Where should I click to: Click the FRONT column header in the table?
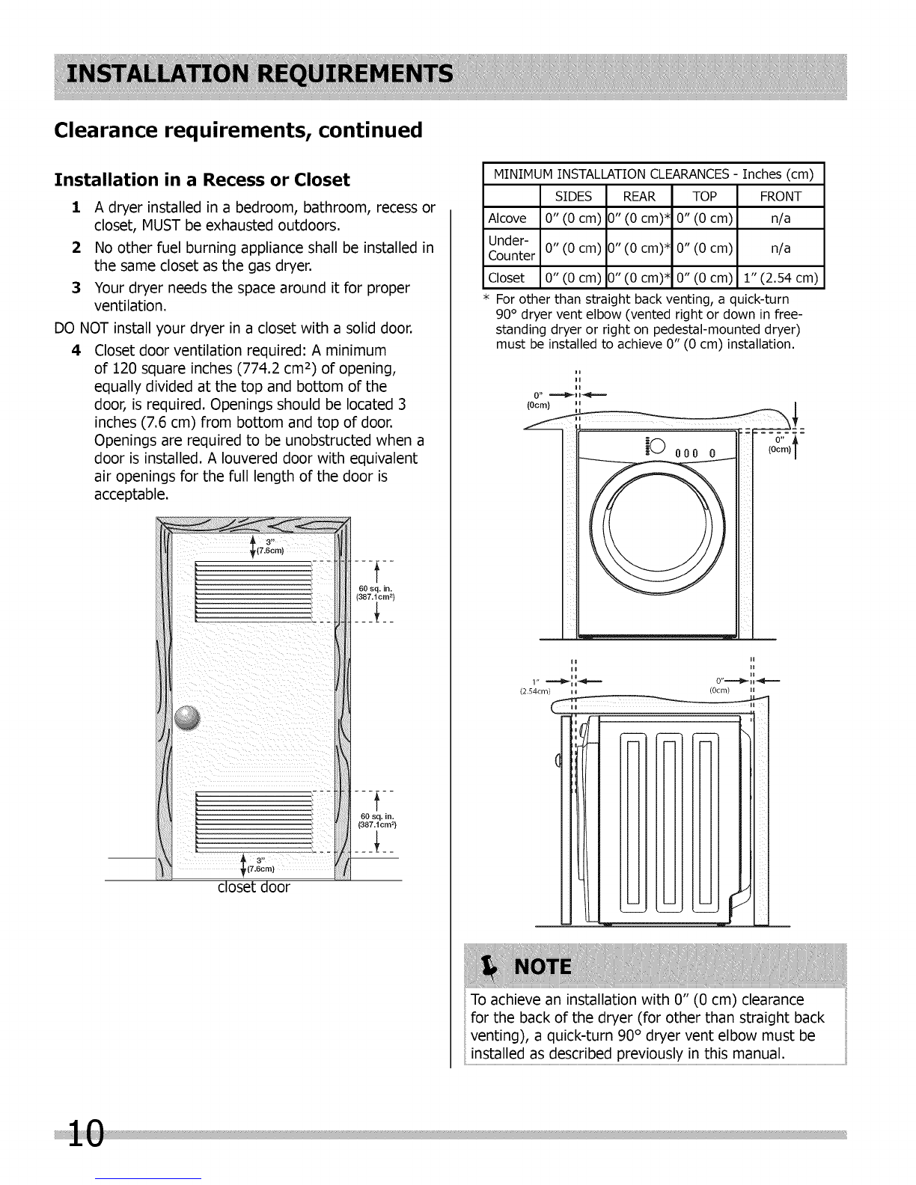tap(780, 197)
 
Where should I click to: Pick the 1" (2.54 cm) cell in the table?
tap(780, 278)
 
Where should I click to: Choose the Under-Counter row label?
tap(511, 248)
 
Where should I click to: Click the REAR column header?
tap(638, 197)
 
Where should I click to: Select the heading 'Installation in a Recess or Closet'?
tap(202, 180)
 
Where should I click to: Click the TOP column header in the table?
tap(705, 197)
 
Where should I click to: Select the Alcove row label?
tap(507, 218)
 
